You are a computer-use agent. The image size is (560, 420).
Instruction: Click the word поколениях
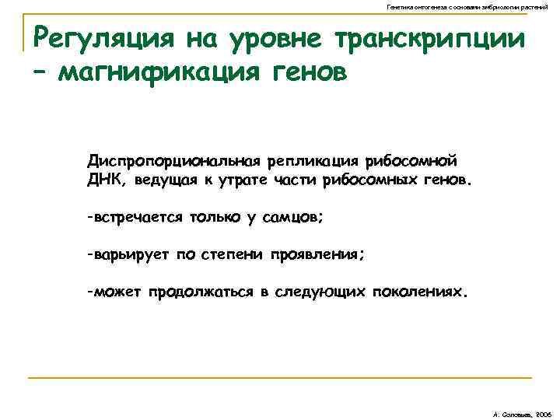tap(421, 292)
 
